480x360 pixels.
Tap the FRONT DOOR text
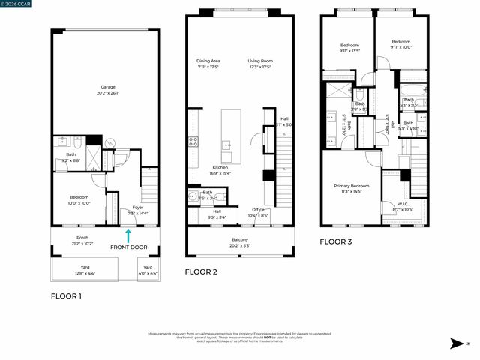point(128,247)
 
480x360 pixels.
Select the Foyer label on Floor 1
point(138,209)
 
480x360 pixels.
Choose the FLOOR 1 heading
point(66,296)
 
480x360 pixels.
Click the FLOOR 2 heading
point(201,271)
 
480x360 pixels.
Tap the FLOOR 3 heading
point(336,242)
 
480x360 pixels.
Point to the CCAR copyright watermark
point(16,4)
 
